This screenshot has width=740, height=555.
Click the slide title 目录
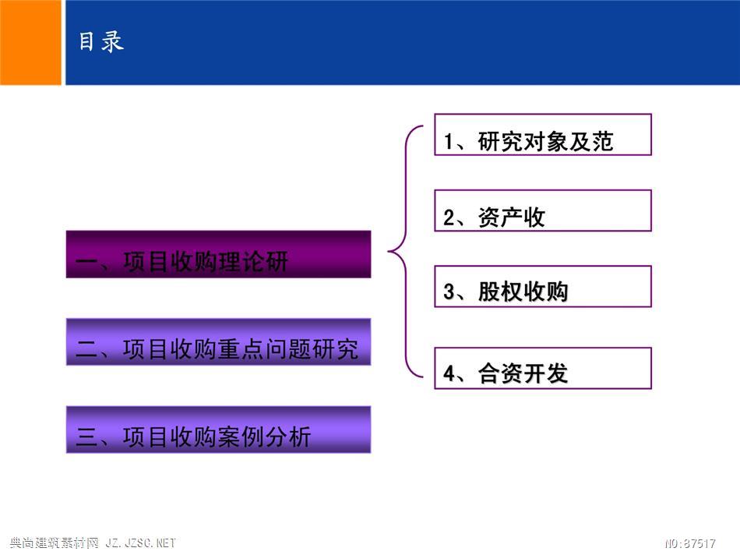101,41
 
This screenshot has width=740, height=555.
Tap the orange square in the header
30,43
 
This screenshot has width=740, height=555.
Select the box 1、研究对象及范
543,135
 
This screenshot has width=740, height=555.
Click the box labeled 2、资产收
543,210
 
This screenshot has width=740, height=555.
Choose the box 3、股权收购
543,287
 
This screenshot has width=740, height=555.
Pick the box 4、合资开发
543,369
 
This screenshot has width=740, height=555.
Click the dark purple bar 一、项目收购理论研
219,254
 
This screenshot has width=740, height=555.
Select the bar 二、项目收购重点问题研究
219,342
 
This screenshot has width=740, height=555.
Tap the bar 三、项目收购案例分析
219,430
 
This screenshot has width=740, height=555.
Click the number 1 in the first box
449,142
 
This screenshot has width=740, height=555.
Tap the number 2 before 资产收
449,217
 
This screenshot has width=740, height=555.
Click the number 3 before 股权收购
449,292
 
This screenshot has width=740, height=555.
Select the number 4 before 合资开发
449,373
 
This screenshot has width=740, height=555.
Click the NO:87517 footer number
690,543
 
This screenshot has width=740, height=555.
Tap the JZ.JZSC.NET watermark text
141,543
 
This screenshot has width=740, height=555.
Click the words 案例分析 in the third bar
264,437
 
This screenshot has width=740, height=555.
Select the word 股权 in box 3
500,292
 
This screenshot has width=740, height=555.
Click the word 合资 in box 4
500,373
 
